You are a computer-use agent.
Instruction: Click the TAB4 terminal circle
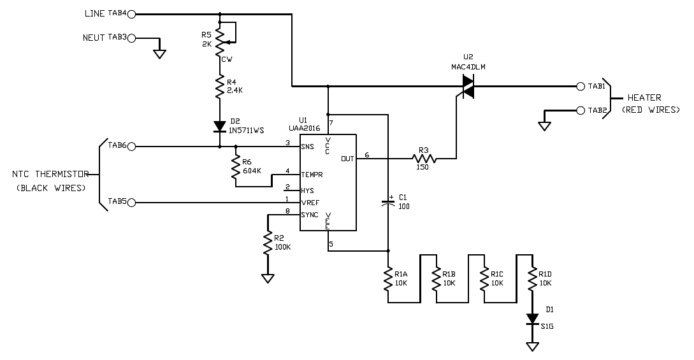coord(131,14)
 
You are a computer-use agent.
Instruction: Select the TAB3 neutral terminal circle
coord(131,38)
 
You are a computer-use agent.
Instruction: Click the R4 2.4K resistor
coord(220,87)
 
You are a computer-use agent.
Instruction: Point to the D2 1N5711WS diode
coord(220,127)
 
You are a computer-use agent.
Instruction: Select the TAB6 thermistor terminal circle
coord(131,147)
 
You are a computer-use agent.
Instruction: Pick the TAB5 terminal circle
coord(131,203)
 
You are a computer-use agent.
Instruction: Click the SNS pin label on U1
coord(307,147)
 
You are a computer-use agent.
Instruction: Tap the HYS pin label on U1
coord(307,191)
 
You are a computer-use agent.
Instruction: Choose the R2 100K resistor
coord(268,243)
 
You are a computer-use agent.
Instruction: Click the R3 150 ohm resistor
coord(424,158)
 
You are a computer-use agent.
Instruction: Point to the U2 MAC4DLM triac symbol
coord(467,86)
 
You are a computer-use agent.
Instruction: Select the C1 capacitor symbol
coord(388,203)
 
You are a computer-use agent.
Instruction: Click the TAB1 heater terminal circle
coord(581,86)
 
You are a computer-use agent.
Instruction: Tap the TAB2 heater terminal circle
coord(581,111)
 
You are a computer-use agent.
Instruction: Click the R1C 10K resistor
coord(484,278)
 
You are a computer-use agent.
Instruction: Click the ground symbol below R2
coord(268,278)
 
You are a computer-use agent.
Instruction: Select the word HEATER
coord(644,97)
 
